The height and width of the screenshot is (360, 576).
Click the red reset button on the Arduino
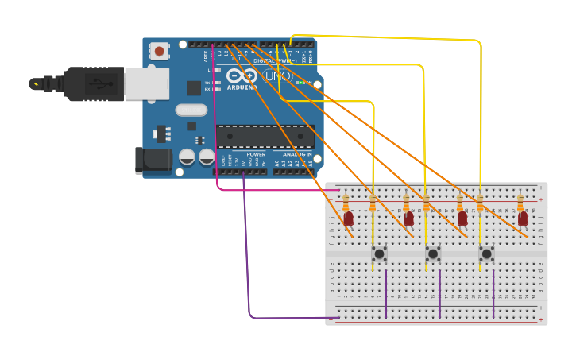click(x=159, y=52)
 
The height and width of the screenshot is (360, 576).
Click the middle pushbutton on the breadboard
click(x=433, y=254)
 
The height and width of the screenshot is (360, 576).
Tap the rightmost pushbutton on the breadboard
click(x=487, y=254)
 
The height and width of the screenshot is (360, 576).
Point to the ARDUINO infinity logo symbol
click(x=242, y=76)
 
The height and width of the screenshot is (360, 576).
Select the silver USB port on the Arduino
click(x=147, y=83)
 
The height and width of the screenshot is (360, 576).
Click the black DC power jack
click(x=153, y=161)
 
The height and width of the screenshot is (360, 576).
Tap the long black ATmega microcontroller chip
click(x=265, y=137)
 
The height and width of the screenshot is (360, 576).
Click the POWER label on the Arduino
click(x=256, y=154)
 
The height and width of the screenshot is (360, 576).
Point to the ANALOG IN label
click(x=298, y=154)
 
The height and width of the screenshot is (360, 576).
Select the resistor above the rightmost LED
click(x=520, y=202)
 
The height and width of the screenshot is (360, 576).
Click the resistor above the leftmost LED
click(x=346, y=202)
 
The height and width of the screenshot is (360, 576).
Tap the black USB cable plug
click(x=87, y=83)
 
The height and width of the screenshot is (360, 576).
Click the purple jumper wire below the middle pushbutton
click(x=439, y=294)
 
